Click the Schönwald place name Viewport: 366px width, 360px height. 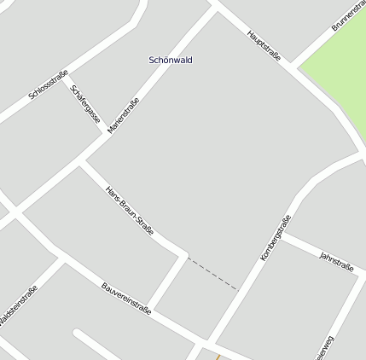[x=171, y=61]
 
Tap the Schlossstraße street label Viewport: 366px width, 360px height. [x=48, y=86]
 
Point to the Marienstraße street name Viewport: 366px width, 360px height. [x=124, y=116]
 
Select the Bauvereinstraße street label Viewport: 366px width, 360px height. [x=125, y=299]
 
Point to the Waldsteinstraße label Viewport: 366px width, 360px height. [x=17, y=305]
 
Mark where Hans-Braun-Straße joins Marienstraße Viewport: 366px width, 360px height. [x=82, y=161]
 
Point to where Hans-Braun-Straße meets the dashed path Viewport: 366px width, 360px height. [x=186, y=256]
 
